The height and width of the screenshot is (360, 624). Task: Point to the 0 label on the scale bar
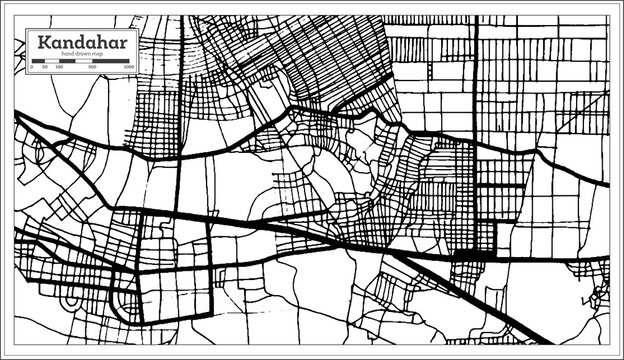(x=32, y=67)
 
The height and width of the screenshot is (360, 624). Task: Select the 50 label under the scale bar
(x=46, y=67)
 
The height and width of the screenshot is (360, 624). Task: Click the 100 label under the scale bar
(x=60, y=67)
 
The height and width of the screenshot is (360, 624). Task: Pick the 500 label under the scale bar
(x=93, y=67)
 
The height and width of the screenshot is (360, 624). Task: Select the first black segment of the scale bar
(x=39, y=60)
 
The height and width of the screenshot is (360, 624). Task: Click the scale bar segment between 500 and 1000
(x=111, y=60)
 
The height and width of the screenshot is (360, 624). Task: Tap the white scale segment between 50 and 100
(x=53, y=60)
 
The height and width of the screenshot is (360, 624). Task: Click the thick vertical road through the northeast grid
(x=475, y=80)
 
